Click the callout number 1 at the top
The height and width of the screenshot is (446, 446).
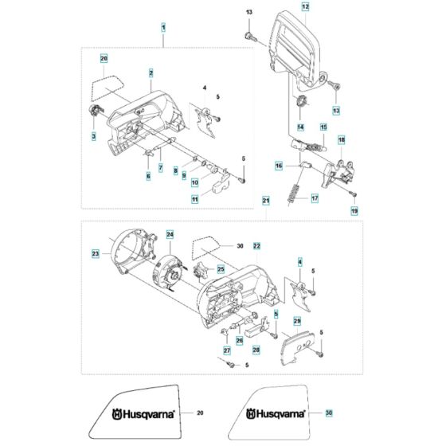pyautogui.click(x=163, y=28)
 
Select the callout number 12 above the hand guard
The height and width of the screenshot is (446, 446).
pyautogui.click(x=305, y=6)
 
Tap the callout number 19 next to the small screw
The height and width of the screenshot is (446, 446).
pyautogui.click(x=354, y=211)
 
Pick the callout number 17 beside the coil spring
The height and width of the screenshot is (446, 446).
pyautogui.click(x=315, y=198)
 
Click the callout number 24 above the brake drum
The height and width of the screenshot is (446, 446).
pyautogui.click(x=170, y=234)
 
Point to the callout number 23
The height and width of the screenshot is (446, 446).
pyautogui.click(x=96, y=253)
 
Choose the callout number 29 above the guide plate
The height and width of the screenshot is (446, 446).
pyautogui.click(x=297, y=321)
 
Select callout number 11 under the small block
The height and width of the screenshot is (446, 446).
pyautogui.click(x=194, y=199)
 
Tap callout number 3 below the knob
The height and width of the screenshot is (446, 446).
pyautogui.click(x=94, y=136)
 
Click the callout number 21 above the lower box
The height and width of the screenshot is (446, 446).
pyautogui.click(x=266, y=201)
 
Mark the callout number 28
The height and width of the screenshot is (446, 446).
pyautogui.click(x=256, y=350)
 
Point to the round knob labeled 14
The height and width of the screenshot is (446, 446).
pyautogui.click(x=301, y=102)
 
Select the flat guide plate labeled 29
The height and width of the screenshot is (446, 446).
pyautogui.click(x=296, y=348)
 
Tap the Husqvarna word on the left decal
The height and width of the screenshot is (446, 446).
pyautogui.click(x=143, y=414)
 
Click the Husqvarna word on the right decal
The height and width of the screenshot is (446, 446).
pyautogui.click(x=276, y=413)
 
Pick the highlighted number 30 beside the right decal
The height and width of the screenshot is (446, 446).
pyautogui.click(x=329, y=413)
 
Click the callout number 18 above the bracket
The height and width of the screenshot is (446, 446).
pyautogui.click(x=342, y=139)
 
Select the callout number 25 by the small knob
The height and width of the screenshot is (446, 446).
pyautogui.click(x=221, y=269)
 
